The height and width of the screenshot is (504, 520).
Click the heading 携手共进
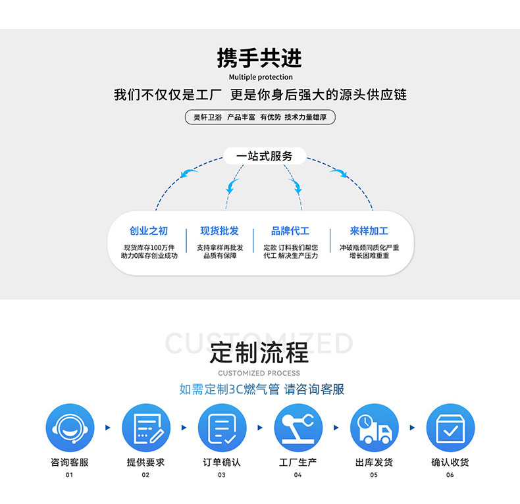coord(259,58)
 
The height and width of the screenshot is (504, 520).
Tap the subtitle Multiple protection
coord(259,77)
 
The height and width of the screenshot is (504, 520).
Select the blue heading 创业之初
coord(149,231)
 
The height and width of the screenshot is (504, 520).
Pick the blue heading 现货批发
coord(220,231)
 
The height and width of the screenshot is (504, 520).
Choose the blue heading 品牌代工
coord(290,231)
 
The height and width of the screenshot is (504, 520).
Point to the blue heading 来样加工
coord(369,231)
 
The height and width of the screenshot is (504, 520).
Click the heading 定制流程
coord(259,353)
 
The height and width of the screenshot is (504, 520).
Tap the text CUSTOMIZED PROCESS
coord(259,373)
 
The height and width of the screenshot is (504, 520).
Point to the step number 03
coord(222,474)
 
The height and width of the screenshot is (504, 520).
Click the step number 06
coord(450,474)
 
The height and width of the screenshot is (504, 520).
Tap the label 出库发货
coord(374,463)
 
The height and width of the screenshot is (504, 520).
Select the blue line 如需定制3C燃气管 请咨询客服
coord(262,389)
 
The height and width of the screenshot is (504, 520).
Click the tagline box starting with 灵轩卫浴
coord(260,118)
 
